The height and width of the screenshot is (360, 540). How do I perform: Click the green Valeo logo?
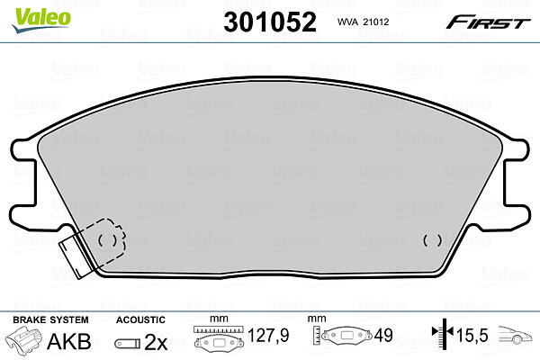(x=41, y=20)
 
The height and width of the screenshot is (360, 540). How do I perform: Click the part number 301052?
(x=270, y=22)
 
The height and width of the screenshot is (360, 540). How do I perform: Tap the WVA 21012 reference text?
(x=363, y=22)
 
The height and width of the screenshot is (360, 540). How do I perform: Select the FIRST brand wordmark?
(x=488, y=22)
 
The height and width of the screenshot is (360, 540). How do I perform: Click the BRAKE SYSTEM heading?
(x=50, y=319)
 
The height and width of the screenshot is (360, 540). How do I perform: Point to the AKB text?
(x=69, y=341)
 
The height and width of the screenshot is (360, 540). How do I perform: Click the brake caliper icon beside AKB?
(x=23, y=339)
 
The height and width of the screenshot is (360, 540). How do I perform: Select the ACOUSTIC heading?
(x=140, y=319)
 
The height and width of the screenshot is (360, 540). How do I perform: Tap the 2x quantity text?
(x=156, y=342)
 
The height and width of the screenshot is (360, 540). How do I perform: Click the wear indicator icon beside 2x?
(x=128, y=344)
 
